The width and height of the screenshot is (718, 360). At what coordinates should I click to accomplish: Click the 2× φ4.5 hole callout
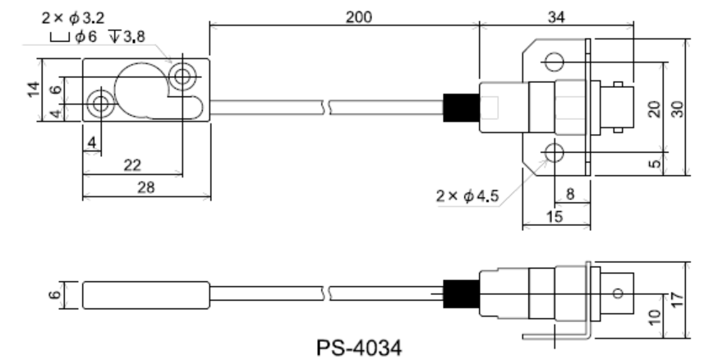pyautogui.click(x=470, y=196)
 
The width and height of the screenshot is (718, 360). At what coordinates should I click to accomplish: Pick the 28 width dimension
pyautogui.click(x=145, y=188)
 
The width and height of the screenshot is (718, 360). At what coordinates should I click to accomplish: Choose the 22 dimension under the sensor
pyautogui.click(x=131, y=165)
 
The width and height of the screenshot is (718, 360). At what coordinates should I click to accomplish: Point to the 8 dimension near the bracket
pyautogui.click(x=570, y=194)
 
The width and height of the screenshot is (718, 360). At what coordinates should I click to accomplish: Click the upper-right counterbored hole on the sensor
pyautogui.click(x=180, y=79)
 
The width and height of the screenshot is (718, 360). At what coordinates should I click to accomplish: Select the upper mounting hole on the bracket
pyautogui.click(x=554, y=62)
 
